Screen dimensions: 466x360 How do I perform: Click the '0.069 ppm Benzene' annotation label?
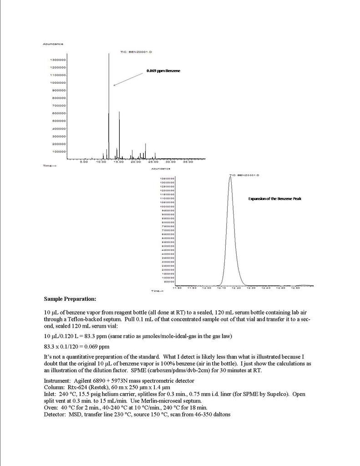[163, 71]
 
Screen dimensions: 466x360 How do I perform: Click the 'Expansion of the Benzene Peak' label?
[274, 199]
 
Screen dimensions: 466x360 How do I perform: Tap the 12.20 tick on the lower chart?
[236, 288]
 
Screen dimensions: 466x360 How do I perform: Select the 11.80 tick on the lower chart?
[177, 288]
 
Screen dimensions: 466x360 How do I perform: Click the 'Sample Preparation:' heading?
[70, 299]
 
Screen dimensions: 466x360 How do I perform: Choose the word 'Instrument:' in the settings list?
[56, 380]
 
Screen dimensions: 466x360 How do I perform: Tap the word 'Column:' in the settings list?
[54, 387]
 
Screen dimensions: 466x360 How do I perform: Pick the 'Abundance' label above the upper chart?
[53, 44]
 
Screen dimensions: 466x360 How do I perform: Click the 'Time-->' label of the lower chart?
[157, 291]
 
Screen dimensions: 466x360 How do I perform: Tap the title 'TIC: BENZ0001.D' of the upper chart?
[136, 52]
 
